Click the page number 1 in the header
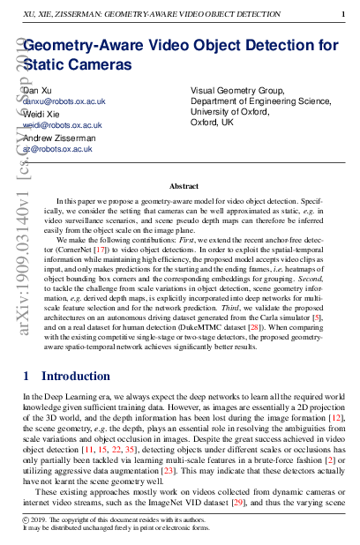pos(343,15)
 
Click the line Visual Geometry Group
pos(237,90)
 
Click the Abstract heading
pos(184,187)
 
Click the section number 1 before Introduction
pos(26,377)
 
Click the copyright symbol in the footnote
pos(26,521)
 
